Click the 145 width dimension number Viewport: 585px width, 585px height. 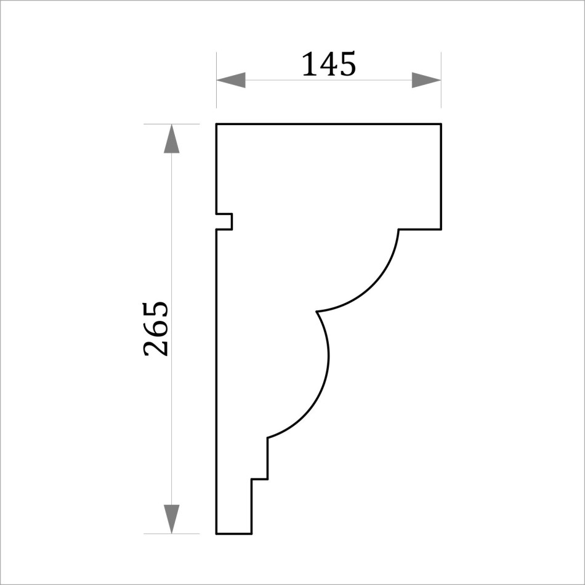329,64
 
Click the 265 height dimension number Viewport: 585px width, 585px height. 156,329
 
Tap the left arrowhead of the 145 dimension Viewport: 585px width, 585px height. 231,80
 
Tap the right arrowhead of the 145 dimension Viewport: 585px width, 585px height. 427,80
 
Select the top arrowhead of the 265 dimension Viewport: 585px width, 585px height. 172,139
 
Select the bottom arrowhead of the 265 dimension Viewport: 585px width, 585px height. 172,519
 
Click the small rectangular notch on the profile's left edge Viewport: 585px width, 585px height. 225,222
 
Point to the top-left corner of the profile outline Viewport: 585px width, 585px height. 217,124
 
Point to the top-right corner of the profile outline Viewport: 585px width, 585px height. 441,124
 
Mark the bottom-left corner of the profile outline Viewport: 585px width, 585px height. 217,533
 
